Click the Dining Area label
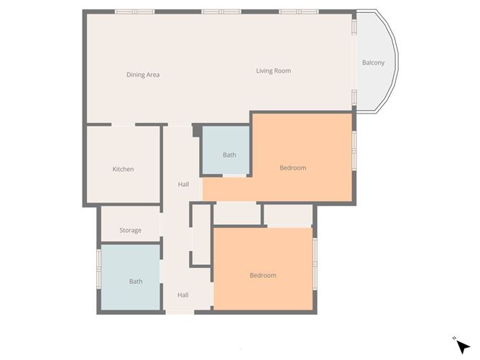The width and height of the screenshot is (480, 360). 143,75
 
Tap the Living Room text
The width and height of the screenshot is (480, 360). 273,70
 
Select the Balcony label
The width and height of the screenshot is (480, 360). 373,63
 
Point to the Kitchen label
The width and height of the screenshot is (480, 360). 123,169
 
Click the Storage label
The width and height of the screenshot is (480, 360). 130,230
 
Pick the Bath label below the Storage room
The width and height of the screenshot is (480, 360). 136,282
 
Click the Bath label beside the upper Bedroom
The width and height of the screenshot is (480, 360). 229,155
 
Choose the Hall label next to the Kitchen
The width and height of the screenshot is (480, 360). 183,184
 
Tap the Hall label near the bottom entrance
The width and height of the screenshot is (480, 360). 183,295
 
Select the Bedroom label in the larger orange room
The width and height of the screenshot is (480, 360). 293,167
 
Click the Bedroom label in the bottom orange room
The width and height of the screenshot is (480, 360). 263,275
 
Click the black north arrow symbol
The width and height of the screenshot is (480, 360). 463,347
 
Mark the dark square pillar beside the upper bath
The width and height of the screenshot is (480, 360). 197,131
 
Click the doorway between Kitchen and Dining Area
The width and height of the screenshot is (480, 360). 123,124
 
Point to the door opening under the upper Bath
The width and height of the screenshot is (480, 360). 234,175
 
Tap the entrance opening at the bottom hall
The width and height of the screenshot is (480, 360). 180,312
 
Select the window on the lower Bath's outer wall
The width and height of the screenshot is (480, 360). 99,269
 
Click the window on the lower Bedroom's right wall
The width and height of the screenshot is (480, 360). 315,264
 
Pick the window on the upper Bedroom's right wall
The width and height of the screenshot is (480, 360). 354,151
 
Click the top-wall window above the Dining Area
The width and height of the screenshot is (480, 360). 134,11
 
